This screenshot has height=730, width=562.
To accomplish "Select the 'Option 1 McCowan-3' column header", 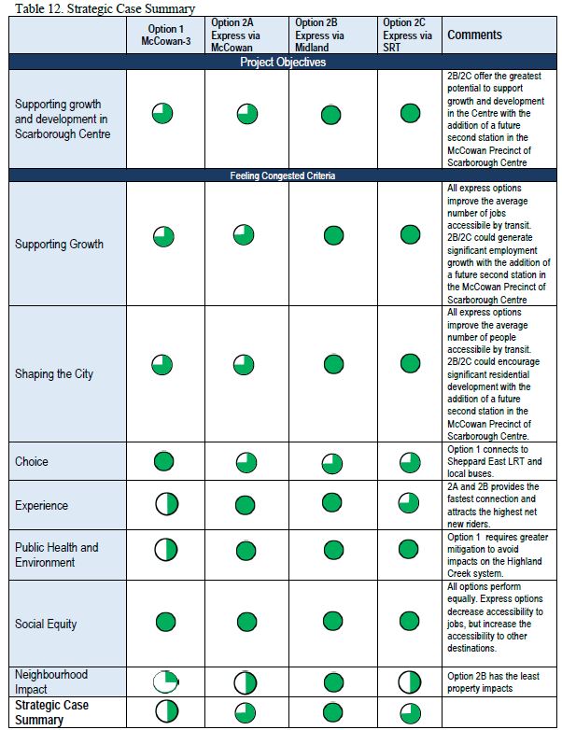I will (x=162, y=35).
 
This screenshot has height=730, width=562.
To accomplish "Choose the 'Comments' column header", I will (x=474, y=35).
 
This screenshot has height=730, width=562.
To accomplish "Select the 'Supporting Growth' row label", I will (x=59, y=245).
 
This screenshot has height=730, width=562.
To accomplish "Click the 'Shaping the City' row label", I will (x=53, y=374).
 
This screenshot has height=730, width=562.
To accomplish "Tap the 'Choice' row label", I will (x=32, y=461).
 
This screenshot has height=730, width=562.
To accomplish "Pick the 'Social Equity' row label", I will (x=46, y=624).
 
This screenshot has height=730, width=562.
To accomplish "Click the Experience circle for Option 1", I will (x=164, y=505).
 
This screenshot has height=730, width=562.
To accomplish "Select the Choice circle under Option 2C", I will (x=410, y=461).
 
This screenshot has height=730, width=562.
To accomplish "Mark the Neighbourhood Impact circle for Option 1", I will (x=164, y=681).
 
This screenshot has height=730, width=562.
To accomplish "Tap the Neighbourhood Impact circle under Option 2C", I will (x=410, y=681).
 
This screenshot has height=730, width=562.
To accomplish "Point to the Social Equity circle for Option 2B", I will (x=330, y=622).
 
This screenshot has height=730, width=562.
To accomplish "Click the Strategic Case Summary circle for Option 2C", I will (x=410, y=713).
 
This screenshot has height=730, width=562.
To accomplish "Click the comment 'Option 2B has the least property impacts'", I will (x=494, y=682).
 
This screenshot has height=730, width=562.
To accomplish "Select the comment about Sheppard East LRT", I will (x=494, y=462).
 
